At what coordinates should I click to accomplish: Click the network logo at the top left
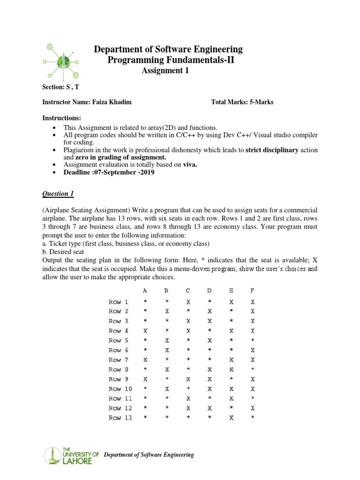(61, 61)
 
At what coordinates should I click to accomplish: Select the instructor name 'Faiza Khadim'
(115, 102)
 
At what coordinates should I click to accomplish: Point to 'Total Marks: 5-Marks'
(242, 102)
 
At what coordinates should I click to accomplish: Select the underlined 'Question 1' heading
(58, 194)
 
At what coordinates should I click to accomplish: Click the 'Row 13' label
(120, 418)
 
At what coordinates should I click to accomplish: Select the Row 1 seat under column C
(188, 301)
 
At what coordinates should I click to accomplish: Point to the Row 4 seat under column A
(145, 330)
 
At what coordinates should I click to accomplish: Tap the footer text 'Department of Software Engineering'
(149, 455)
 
